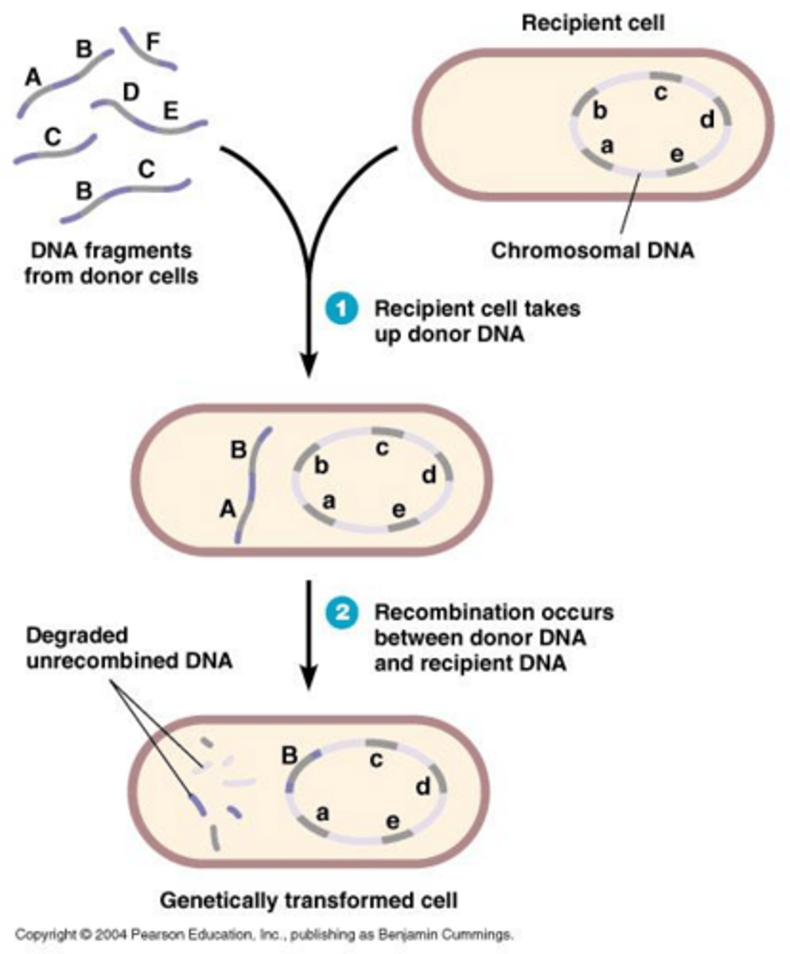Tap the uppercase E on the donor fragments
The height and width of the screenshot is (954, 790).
click(x=170, y=110)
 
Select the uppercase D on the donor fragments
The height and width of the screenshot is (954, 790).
click(x=131, y=92)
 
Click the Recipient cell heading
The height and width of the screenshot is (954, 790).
click(x=593, y=23)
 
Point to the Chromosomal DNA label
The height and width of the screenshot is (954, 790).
click(x=592, y=251)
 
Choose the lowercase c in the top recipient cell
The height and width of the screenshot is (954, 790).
click(x=660, y=94)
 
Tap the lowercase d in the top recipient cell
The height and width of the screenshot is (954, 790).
click(x=706, y=120)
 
